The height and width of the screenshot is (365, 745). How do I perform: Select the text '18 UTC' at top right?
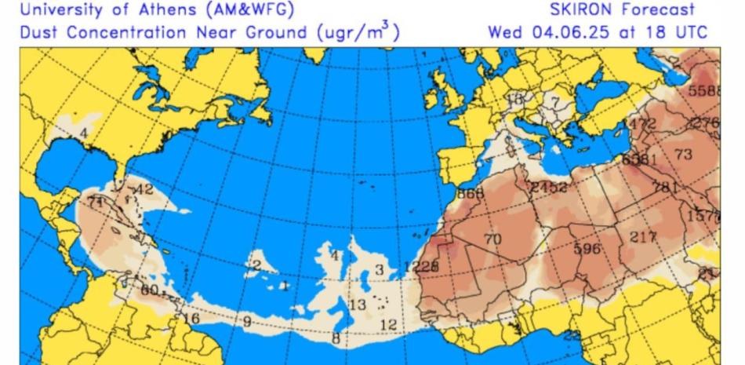[674, 33]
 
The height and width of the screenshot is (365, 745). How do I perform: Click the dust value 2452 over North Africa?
[548, 187]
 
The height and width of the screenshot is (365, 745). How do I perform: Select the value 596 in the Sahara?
[587, 249]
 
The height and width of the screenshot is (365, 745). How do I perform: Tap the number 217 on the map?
[643, 236]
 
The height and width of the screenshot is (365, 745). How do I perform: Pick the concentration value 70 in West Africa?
[492, 239]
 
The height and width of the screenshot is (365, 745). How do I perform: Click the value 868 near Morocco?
[471, 193]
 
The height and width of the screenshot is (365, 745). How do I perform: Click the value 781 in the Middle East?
[665, 187]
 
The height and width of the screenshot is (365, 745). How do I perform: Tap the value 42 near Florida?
[144, 189]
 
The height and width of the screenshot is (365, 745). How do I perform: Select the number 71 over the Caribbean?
[96, 203]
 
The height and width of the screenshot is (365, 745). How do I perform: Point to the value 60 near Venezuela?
[150, 290]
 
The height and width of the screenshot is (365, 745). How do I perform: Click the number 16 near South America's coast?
[191, 318]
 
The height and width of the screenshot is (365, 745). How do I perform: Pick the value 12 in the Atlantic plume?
[387, 325]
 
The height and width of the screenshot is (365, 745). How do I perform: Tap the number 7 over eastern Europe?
[555, 101]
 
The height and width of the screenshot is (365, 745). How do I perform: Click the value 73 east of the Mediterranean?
[683, 155]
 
